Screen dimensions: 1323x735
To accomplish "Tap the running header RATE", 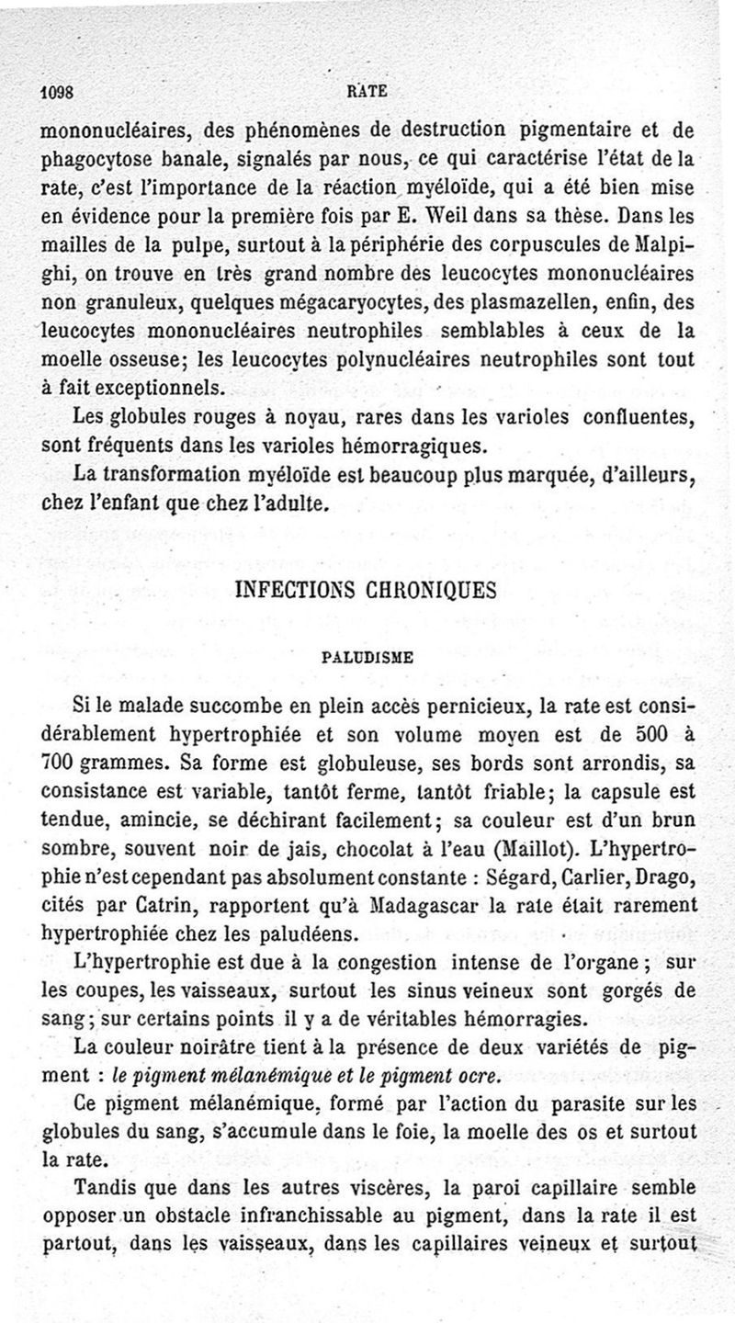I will (x=368, y=90).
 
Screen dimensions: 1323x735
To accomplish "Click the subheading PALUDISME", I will (x=367, y=657).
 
